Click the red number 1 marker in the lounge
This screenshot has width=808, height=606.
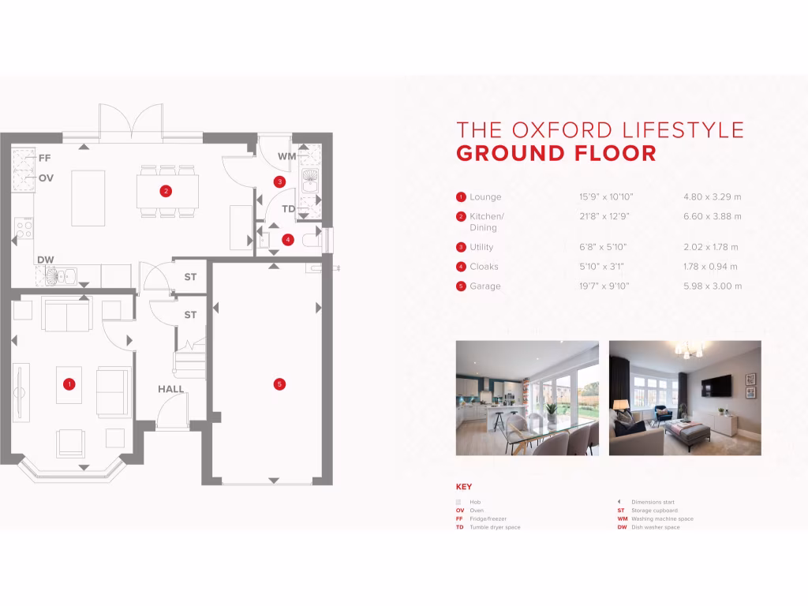tap(69, 384)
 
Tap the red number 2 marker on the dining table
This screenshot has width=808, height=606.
tap(166, 190)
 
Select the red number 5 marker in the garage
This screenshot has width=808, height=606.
tap(279, 384)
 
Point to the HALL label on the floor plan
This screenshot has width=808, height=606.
tap(170, 389)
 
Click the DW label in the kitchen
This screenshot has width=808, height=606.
tap(45, 260)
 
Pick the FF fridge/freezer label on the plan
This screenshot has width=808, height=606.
tap(45, 158)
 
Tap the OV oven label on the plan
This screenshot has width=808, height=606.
tap(46, 178)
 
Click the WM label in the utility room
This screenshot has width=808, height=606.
tap(286, 156)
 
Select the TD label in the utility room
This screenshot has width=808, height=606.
tap(289, 209)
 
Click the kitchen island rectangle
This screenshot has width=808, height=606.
tap(88, 197)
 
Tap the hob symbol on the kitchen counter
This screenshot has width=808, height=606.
tap(24, 230)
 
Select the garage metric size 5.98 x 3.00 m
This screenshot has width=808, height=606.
tap(712, 286)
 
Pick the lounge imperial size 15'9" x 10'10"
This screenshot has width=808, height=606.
tap(606, 197)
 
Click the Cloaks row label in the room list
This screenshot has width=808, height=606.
tap(484, 267)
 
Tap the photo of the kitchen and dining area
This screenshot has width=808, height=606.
tap(527, 398)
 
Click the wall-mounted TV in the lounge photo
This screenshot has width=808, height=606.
tap(716, 385)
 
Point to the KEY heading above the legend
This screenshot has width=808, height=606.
tap(464, 487)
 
